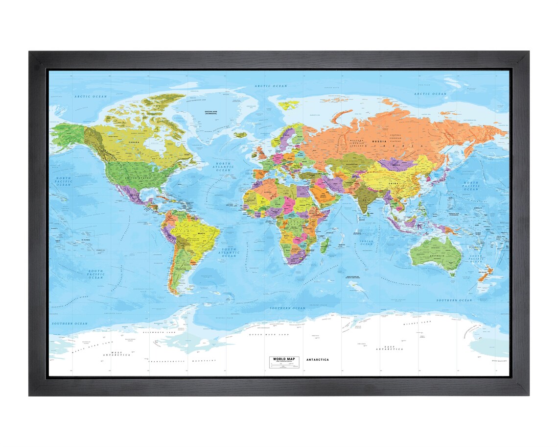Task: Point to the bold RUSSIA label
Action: tap(377, 142)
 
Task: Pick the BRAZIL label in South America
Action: tap(201, 234)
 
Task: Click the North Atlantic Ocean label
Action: tap(225, 167)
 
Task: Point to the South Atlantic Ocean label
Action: tap(229, 252)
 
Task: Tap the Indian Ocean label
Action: tap(366, 242)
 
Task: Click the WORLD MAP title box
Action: tap(283, 361)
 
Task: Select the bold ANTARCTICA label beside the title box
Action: tap(317, 360)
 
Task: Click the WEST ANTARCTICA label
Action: tap(116, 353)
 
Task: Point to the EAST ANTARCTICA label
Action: tap(389, 348)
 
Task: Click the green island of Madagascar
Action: tap(324, 244)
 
